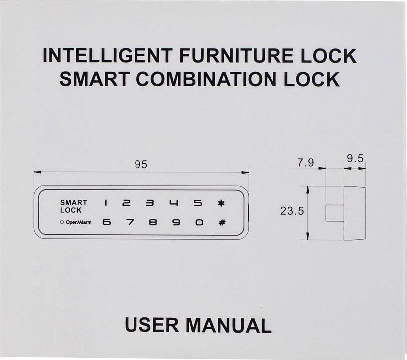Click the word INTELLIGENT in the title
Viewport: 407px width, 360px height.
click(107, 55)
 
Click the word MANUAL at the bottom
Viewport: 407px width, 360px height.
click(229, 325)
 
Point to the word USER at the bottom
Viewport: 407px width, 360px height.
click(152, 325)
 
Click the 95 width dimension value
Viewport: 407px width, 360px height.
click(141, 165)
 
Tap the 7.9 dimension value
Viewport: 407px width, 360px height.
click(305, 163)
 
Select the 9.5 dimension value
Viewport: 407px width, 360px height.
click(355, 158)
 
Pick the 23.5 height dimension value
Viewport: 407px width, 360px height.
click(292, 211)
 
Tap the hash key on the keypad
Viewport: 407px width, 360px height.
click(222, 222)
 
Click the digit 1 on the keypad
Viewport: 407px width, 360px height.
click(106, 203)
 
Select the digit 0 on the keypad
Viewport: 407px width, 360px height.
click(199, 222)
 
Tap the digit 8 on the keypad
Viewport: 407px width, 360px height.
click(153, 222)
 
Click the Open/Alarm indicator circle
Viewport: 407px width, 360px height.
click(62, 222)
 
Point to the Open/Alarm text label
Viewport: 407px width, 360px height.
click(78, 222)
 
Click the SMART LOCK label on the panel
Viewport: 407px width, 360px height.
click(74, 206)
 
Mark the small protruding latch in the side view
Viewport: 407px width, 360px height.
click(335, 213)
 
